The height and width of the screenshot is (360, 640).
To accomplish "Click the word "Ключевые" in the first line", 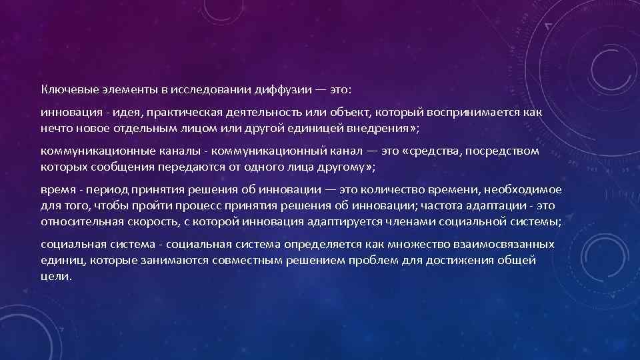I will click(x=65, y=89).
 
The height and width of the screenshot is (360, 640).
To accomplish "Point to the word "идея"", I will click(x=113, y=113).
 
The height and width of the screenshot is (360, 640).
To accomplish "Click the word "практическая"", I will click(x=168, y=113).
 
